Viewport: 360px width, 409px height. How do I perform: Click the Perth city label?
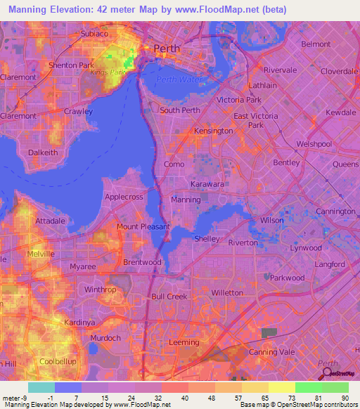167,48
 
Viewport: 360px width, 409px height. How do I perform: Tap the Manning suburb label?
186,200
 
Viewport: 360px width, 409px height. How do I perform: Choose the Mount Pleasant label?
143,226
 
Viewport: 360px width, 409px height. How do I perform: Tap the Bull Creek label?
169,297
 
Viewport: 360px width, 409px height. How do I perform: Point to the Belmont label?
316,44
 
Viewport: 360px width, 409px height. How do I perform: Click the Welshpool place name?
314,143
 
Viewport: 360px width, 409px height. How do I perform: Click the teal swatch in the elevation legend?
41,387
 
